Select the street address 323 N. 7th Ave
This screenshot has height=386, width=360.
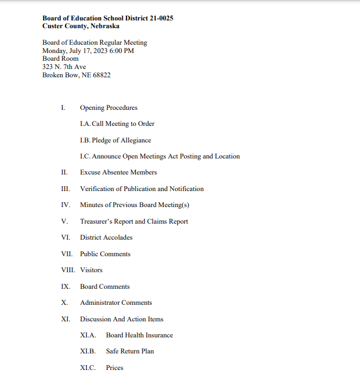pos(64,67)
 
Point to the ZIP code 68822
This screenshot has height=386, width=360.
pos(100,75)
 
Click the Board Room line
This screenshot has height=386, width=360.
pos(60,59)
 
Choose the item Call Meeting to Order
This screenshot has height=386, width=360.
pos(123,124)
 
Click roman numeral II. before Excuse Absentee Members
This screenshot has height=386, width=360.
pos(65,172)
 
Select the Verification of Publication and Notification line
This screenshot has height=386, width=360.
pos(141,189)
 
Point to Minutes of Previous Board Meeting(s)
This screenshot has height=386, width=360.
pos(135,205)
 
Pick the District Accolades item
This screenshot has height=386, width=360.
pos(106,237)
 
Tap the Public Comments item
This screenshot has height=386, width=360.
pos(105,254)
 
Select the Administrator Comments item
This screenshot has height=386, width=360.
pos(116,303)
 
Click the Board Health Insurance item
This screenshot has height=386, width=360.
pos(139,335)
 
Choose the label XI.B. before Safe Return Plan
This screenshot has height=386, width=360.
pos(88,351)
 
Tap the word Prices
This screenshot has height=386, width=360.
pos(114,368)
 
